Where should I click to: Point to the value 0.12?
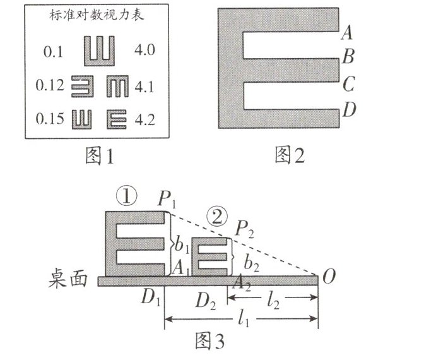pos(50,87)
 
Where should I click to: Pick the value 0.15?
pos(51,119)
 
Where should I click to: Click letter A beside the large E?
pos(346,34)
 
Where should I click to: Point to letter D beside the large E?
pos(348,111)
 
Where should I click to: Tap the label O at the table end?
pos(329,277)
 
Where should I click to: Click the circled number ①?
pos(127,198)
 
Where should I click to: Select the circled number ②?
pos(215,218)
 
